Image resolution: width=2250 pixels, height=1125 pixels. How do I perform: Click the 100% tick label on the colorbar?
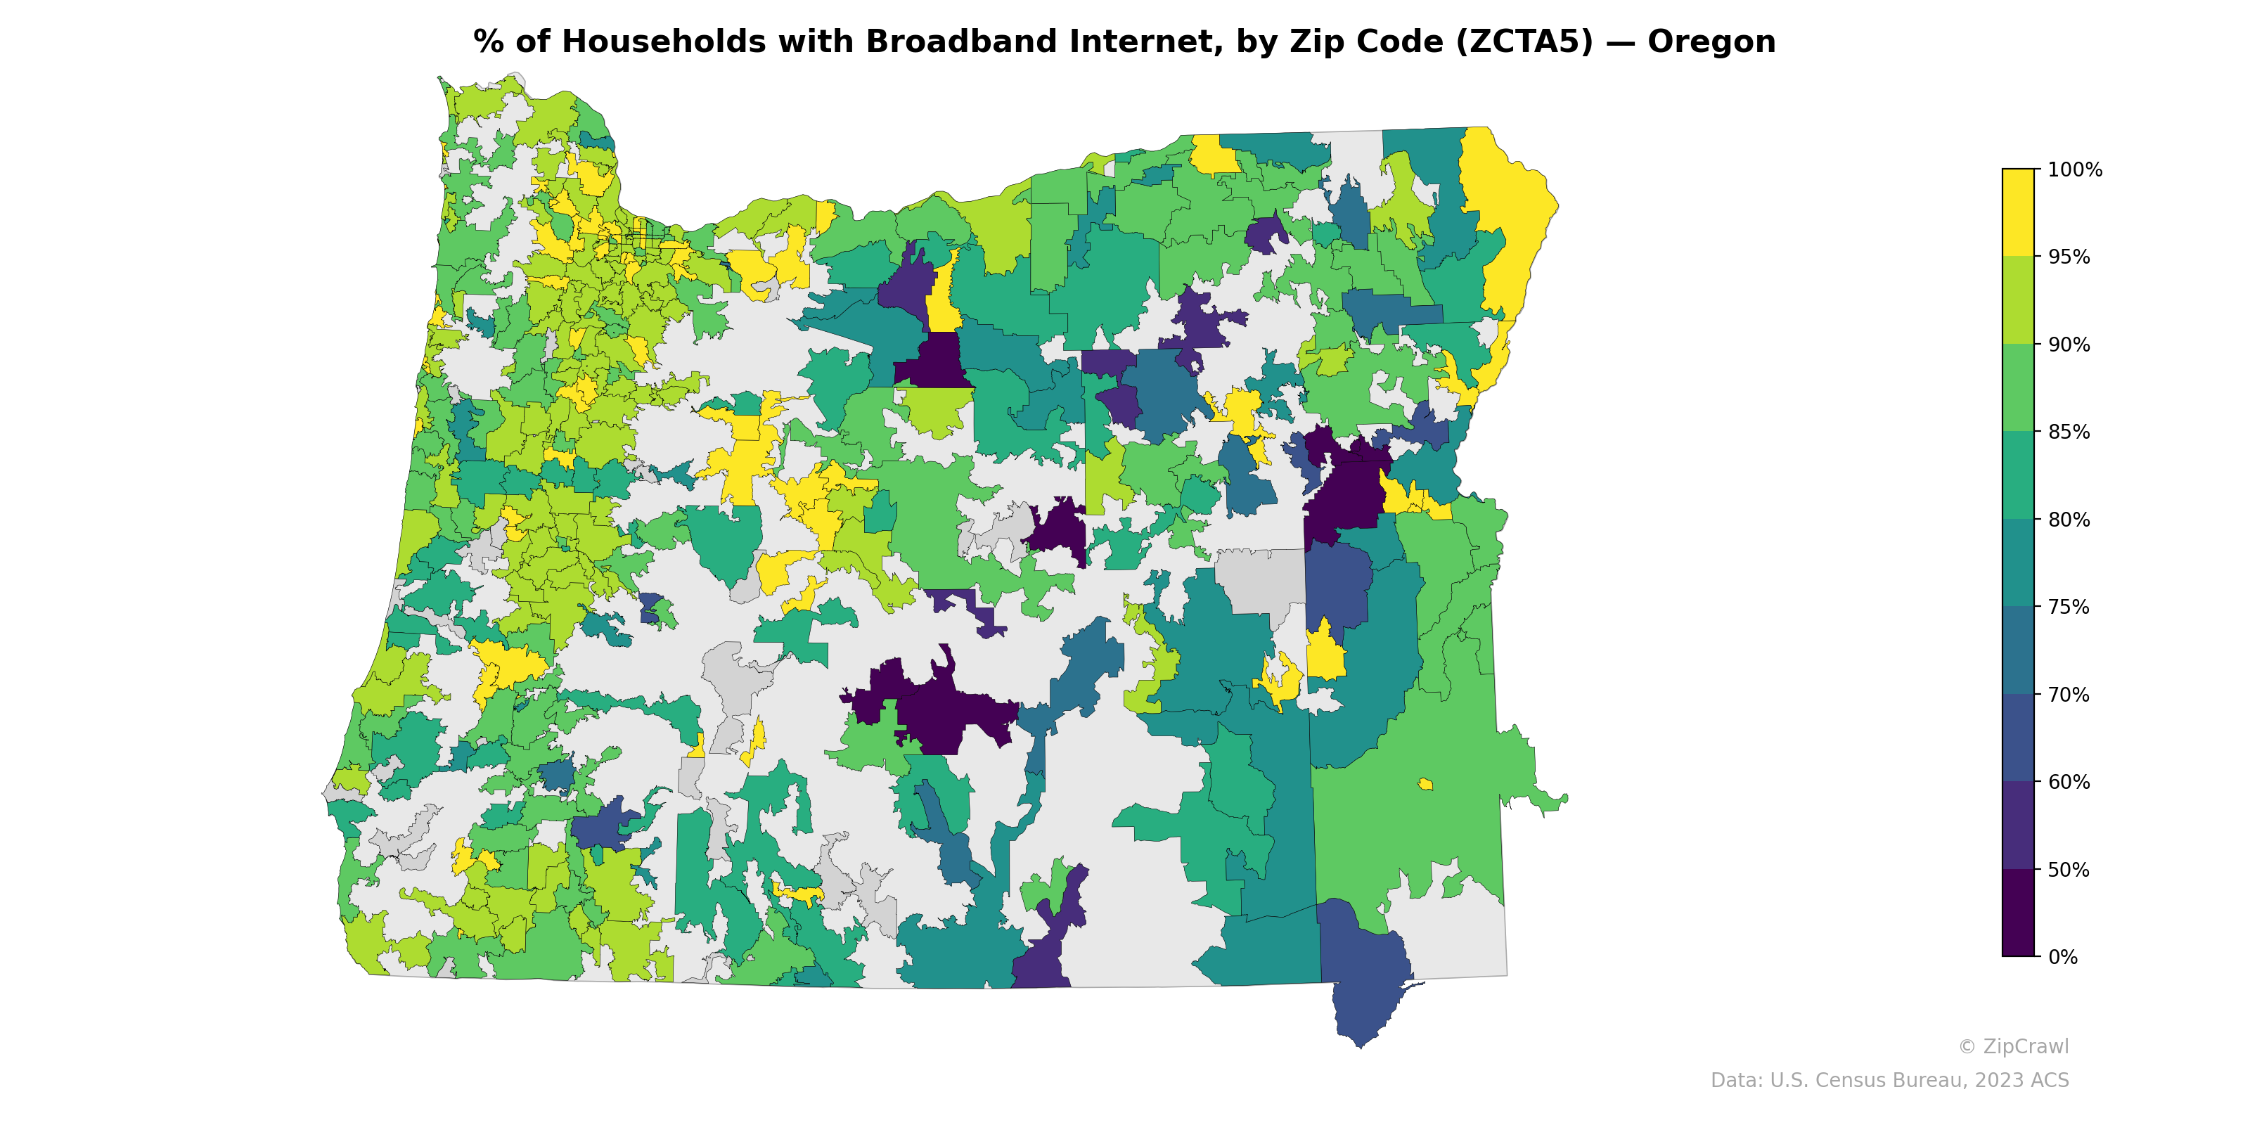(2074, 170)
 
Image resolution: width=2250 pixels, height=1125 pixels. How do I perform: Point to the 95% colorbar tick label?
(2069, 257)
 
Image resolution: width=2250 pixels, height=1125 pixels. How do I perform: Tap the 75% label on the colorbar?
(2069, 607)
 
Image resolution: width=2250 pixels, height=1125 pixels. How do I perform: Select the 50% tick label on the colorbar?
(2069, 870)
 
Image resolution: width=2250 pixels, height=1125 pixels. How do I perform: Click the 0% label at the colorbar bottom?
(2062, 957)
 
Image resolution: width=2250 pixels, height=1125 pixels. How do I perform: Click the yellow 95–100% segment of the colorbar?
(2018, 212)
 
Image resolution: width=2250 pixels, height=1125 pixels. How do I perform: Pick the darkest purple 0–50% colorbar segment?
(2018, 913)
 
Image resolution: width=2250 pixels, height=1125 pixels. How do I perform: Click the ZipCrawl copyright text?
(2013, 1046)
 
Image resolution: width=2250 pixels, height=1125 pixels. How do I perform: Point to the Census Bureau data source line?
(1889, 1081)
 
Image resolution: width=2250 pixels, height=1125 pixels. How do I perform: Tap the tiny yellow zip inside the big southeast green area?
(1425, 783)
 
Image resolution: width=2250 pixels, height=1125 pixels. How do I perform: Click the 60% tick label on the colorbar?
(2069, 783)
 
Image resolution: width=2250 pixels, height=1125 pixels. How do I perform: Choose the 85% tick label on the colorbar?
(2069, 432)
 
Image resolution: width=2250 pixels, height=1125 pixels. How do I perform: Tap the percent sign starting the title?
(488, 42)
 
